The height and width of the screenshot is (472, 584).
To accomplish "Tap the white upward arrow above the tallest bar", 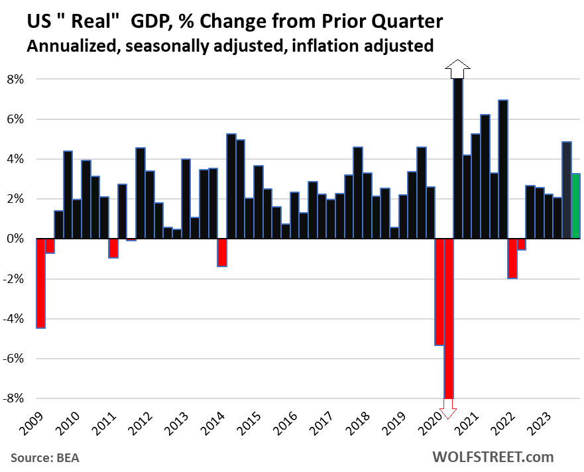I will (457, 68).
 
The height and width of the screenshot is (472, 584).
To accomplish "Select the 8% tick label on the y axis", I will (15, 80).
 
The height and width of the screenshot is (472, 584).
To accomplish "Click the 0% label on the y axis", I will (15, 239).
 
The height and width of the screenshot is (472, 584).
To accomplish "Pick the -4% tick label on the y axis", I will (13, 319).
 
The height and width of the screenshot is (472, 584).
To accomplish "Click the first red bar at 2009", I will (40, 283).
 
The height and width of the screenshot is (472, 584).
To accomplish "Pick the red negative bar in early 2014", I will (222, 253).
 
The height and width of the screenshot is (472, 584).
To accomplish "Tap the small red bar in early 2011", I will (113, 248).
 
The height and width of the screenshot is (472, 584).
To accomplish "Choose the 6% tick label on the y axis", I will (15, 119).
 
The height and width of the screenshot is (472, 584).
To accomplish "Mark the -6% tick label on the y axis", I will (13, 359).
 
